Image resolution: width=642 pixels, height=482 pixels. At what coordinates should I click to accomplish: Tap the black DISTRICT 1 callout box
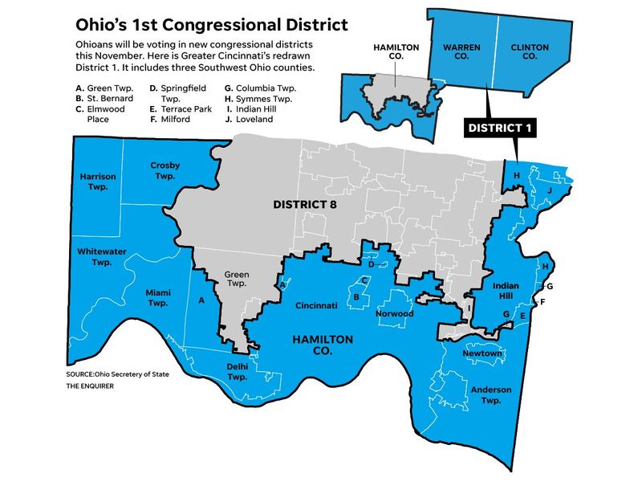pos(501,128)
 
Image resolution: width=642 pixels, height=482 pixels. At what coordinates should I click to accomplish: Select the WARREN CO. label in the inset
pos(461,53)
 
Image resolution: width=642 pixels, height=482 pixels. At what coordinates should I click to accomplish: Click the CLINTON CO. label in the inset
pos(530,53)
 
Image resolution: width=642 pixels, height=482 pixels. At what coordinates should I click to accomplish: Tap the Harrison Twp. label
pos(98,181)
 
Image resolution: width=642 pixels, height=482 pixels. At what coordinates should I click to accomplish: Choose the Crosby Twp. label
pos(165,170)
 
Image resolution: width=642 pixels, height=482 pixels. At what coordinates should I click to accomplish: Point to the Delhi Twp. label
pos(237,371)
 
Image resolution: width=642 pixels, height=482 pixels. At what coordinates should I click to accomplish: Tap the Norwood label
pos(395,314)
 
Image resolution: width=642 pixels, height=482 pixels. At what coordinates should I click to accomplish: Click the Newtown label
pos(481,353)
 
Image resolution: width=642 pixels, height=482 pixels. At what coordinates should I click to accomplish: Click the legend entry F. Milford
pos(173,119)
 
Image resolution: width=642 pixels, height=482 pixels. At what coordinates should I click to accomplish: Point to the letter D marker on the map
pos(371,263)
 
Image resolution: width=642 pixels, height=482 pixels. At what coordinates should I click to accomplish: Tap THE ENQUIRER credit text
pos(90,386)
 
